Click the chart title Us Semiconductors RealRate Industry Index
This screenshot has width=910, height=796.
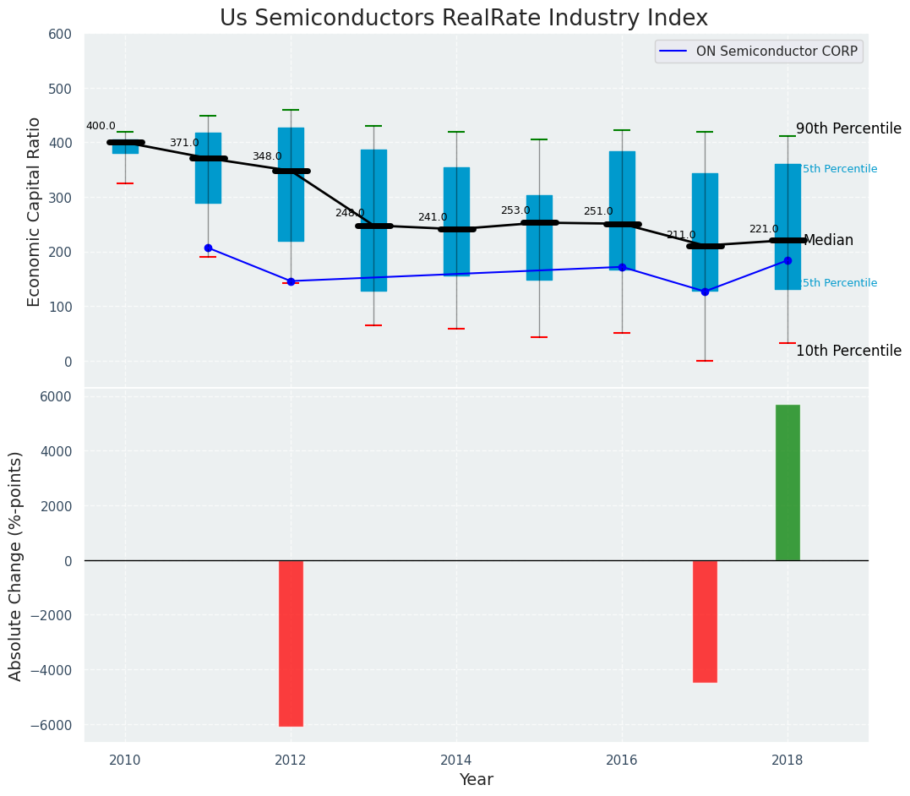[x=463, y=19]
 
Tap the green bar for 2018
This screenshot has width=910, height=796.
[x=787, y=483]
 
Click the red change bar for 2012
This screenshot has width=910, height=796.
[x=291, y=643]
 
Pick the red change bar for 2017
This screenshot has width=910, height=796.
[x=705, y=621]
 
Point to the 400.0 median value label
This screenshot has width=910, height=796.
[x=101, y=127]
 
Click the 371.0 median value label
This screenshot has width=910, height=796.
[x=184, y=144]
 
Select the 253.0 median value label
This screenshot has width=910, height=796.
[x=515, y=211]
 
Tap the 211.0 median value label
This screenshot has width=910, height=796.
[x=681, y=236]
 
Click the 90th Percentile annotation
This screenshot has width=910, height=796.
[x=848, y=129]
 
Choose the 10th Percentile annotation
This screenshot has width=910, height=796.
[x=848, y=352]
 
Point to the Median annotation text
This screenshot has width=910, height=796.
[x=828, y=241]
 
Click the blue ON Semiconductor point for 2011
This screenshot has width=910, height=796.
[x=208, y=248]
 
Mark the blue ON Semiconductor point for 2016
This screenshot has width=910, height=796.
[x=622, y=267]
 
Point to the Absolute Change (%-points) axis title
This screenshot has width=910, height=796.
[x=16, y=565]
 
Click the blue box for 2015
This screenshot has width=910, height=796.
[x=539, y=237]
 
